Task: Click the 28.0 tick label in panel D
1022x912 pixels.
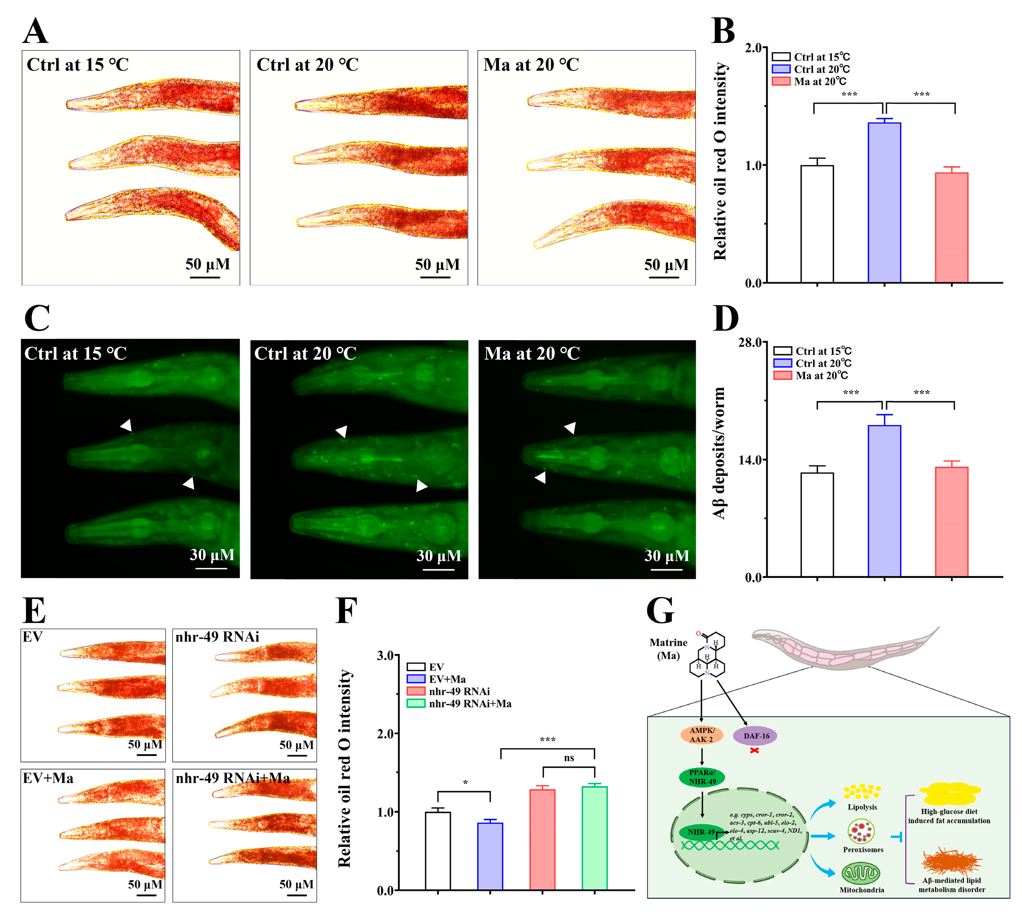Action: [x=750, y=342]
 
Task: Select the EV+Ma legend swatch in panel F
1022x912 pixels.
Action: [x=415, y=679]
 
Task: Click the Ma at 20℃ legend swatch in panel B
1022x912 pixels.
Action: [x=781, y=81]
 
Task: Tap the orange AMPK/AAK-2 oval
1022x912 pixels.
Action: [x=701, y=735]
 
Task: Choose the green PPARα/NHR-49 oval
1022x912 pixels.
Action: [x=702, y=777]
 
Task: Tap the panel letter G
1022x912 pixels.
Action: [x=660, y=610]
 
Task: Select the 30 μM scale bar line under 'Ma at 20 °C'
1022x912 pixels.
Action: [x=666, y=570]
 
